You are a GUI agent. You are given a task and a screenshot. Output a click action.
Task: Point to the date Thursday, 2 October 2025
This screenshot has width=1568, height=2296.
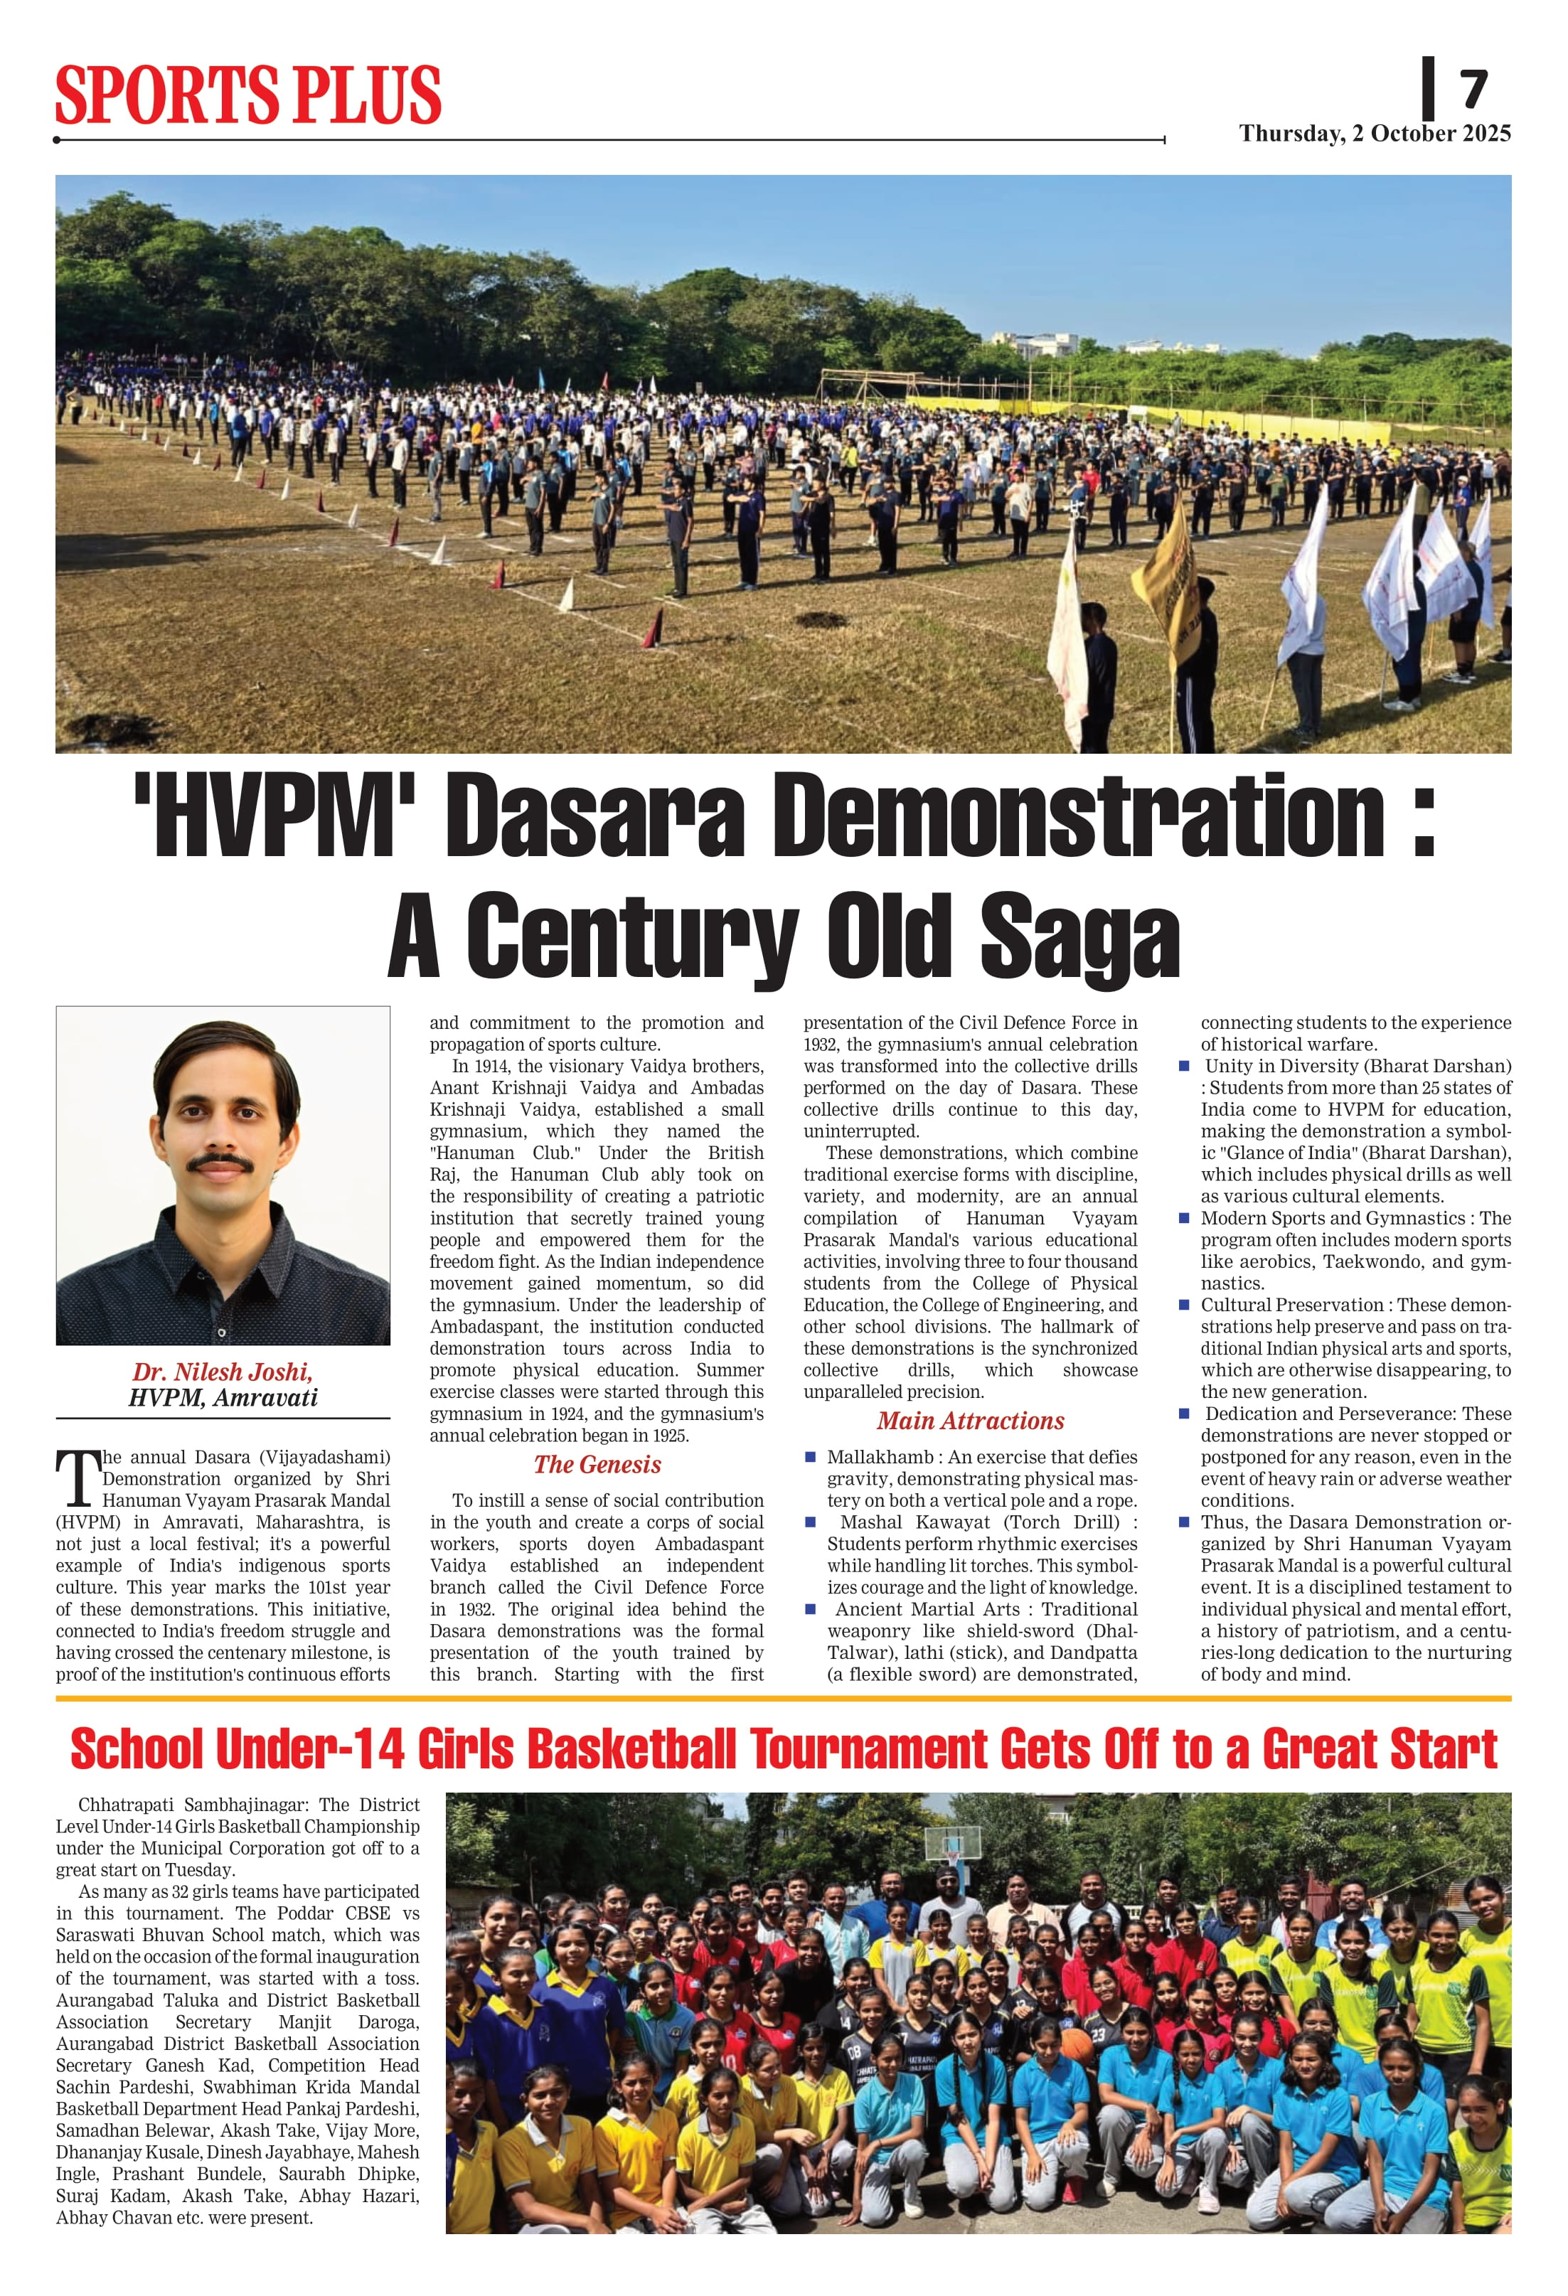click(x=1375, y=134)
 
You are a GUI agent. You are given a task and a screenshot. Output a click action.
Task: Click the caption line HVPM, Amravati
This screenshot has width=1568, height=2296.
click(x=223, y=1397)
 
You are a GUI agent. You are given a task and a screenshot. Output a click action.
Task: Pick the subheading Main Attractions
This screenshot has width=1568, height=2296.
click(x=970, y=1421)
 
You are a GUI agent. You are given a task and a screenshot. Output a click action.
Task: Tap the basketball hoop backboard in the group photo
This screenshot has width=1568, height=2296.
click(x=954, y=1842)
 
